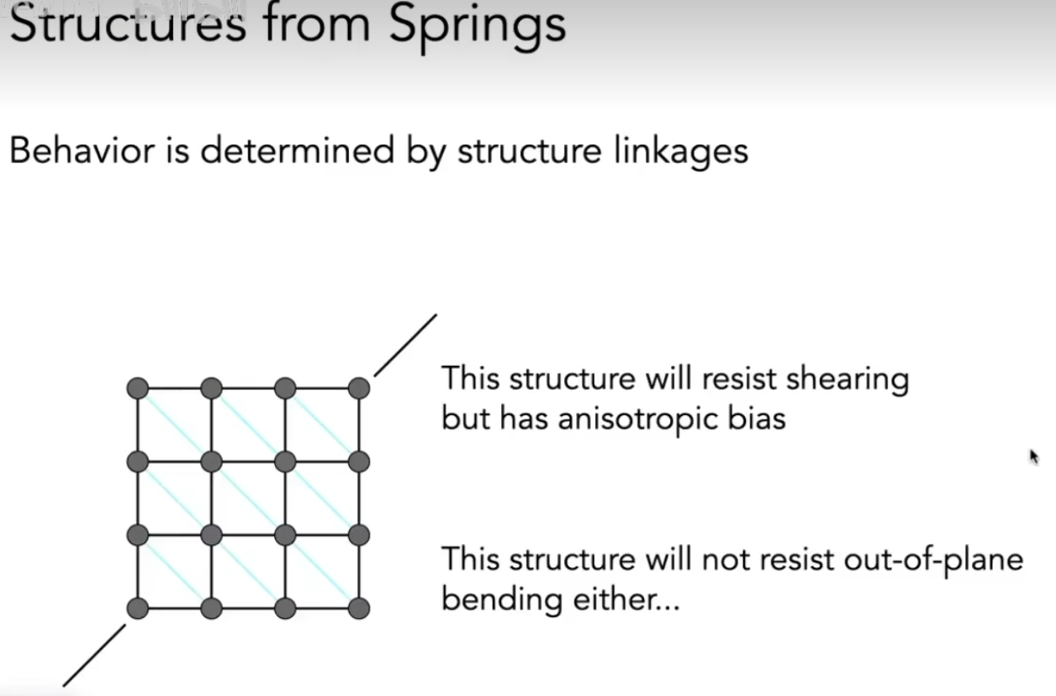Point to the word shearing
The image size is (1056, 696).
click(847, 380)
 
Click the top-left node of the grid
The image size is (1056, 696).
click(138, 388)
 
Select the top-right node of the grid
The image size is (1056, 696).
click(359, 388)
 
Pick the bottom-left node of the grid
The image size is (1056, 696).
click(138, 608)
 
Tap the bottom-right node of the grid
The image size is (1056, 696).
click(359, 608)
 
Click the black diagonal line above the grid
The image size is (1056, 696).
click(405, 345)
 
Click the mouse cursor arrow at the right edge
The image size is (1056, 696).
click(1033, 456)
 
